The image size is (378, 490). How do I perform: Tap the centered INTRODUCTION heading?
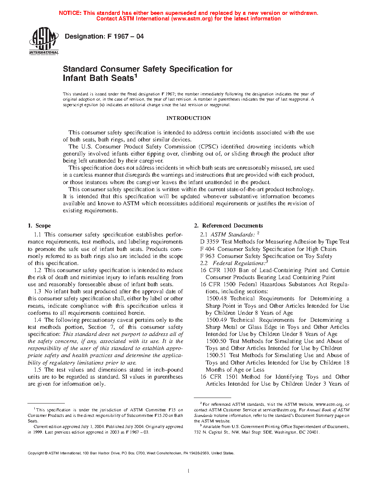[188, 118]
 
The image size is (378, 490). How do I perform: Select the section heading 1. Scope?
[39, 226]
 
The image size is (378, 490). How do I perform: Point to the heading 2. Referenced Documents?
[229, 226]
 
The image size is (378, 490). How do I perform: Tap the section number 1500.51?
[216, 355]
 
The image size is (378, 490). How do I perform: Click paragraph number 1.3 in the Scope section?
[37, 291]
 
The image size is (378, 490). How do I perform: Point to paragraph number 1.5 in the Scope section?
[37, 370]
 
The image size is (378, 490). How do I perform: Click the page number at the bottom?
[189, 471]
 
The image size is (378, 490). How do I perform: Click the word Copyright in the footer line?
[36, 453]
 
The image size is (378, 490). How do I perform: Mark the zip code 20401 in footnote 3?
[312, 432]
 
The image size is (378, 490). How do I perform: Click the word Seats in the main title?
[122, 78]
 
